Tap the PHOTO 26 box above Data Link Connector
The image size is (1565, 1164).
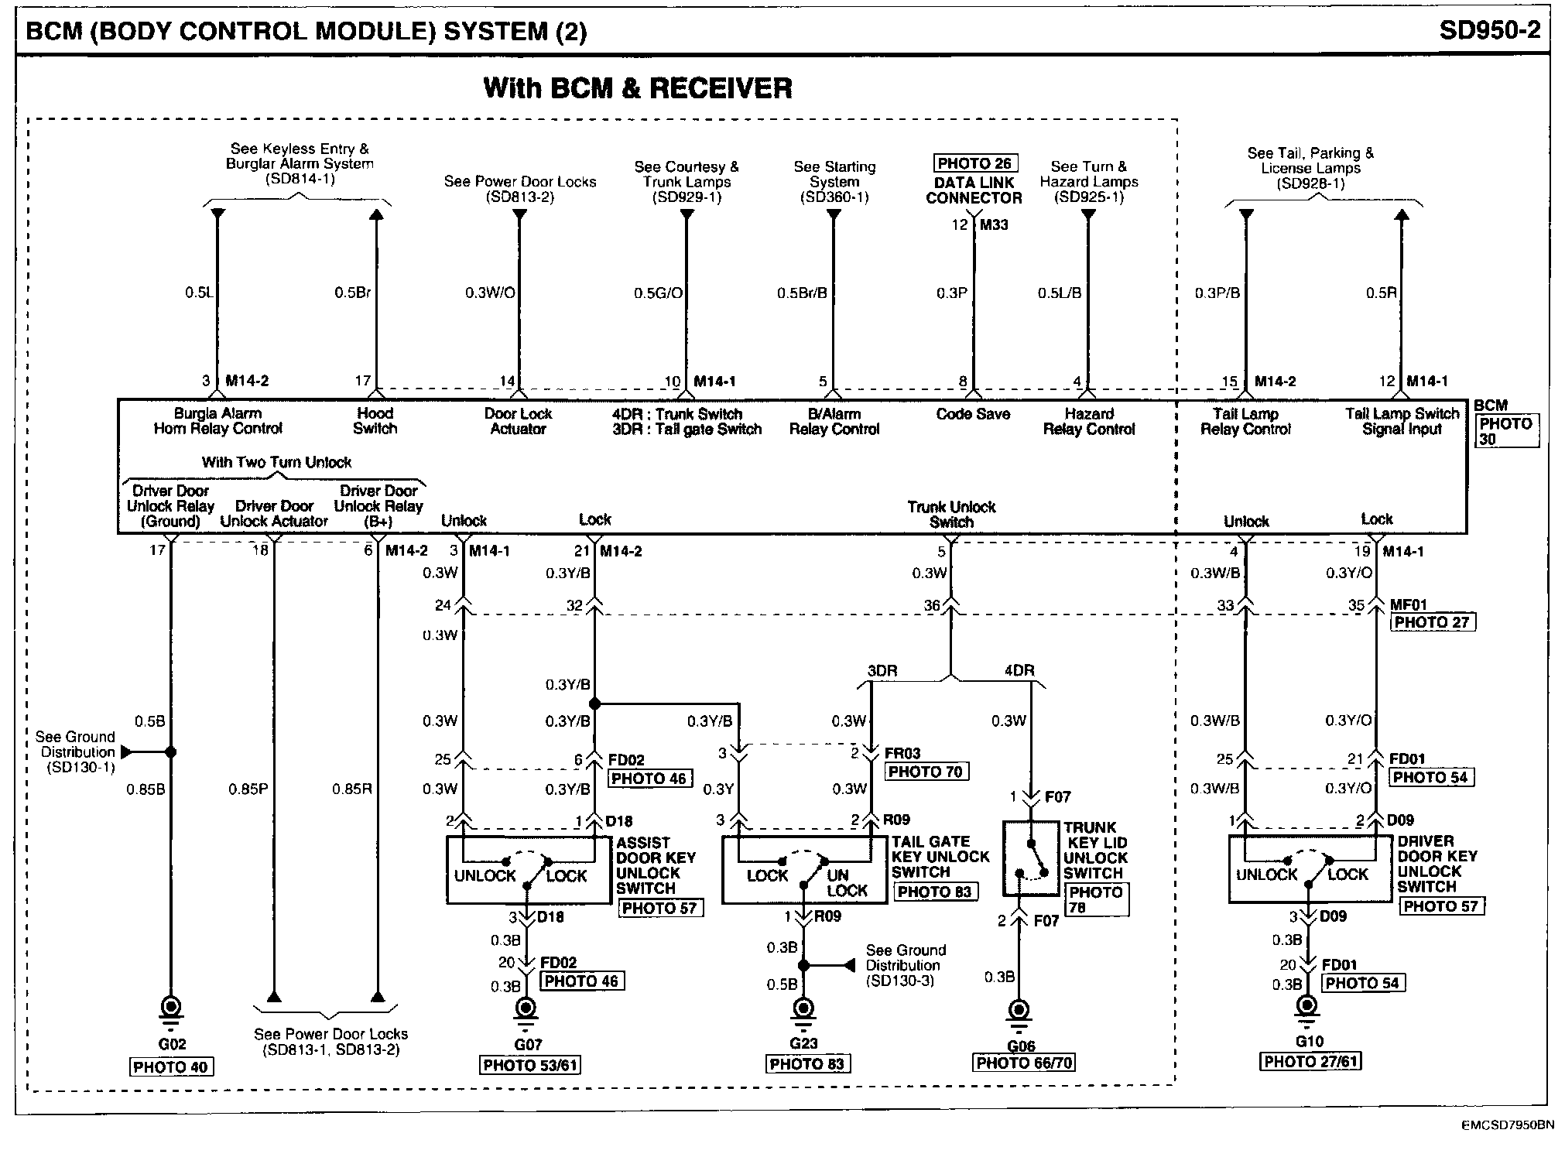974,163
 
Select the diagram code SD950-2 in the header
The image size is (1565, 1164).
1489,30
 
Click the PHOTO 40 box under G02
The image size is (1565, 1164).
170,1067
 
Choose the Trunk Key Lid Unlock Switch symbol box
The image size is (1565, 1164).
1030,858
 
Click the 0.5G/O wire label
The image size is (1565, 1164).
658,293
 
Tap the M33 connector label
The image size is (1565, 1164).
994,225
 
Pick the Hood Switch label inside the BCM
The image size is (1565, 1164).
375,421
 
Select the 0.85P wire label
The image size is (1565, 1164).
248,789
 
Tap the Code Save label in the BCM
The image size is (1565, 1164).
973,414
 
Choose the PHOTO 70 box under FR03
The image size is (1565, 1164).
926,772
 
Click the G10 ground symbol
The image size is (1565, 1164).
1307,1006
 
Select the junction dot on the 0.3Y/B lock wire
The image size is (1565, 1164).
594,704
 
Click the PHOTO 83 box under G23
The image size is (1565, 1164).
807,1064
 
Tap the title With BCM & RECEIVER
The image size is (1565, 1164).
638,88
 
